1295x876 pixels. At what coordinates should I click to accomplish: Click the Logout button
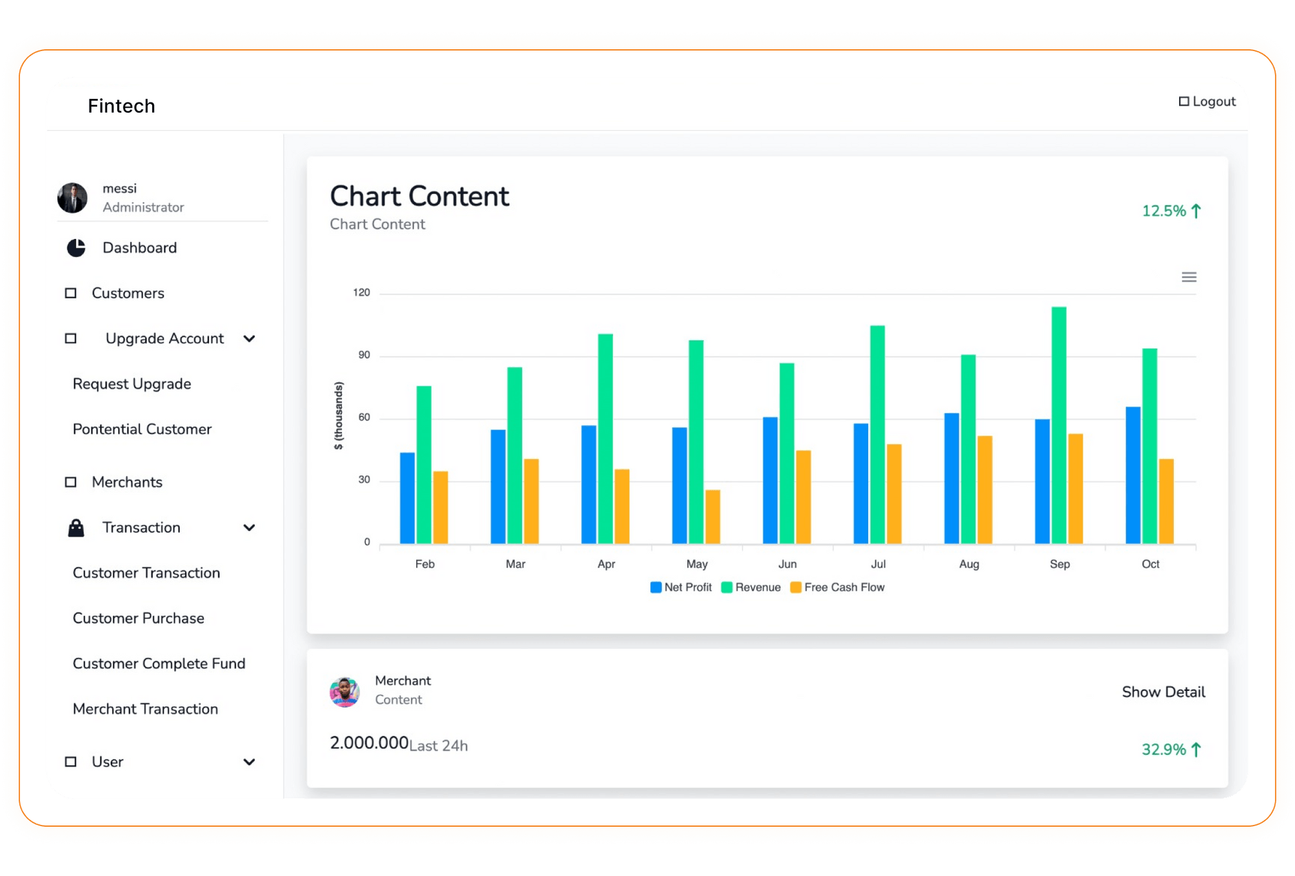1208,102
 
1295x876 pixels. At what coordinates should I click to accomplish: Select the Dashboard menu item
139,248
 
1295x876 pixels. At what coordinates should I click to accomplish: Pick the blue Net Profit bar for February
407,498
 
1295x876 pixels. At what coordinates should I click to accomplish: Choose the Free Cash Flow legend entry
838,587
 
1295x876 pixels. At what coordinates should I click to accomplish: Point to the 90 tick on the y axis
364,355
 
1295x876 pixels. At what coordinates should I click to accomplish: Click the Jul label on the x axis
878,564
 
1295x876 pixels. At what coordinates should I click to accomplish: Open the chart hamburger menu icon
1189,277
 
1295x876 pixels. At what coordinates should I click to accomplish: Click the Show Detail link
1163,692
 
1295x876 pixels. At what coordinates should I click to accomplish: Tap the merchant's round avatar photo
344,691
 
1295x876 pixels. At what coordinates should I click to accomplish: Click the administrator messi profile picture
73,198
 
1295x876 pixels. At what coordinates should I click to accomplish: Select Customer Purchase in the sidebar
139,618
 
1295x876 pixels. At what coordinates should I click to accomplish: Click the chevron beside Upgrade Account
249,339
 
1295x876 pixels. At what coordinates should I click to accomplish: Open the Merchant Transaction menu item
146,709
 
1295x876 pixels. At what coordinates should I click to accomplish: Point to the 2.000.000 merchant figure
369,743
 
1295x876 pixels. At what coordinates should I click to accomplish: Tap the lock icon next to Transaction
76,528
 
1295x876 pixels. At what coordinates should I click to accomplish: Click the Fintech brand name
122,106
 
